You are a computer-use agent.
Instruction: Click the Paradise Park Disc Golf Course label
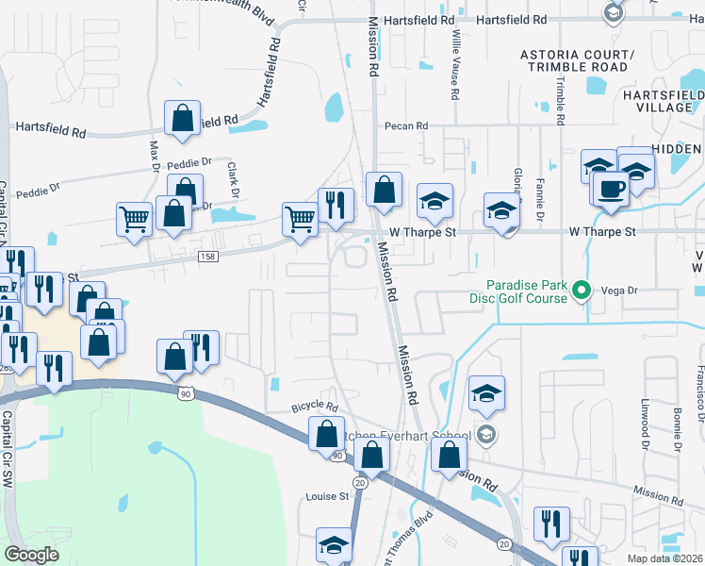pos(526,291)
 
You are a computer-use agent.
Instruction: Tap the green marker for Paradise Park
pos(582,291)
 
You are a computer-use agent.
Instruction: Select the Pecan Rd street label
pos(405,125)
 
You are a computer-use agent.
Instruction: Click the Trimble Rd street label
pos(559,100)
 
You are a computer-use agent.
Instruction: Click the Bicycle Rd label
pos(315,407)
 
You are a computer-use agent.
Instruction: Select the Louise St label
pos(327,496)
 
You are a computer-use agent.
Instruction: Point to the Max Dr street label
pos(155,157)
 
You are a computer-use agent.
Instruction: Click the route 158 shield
pos(209,257)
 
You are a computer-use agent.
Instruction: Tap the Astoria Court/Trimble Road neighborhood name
pos(578,60)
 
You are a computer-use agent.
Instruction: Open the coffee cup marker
pos(610,189)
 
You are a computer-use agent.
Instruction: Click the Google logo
pos(31,555)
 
